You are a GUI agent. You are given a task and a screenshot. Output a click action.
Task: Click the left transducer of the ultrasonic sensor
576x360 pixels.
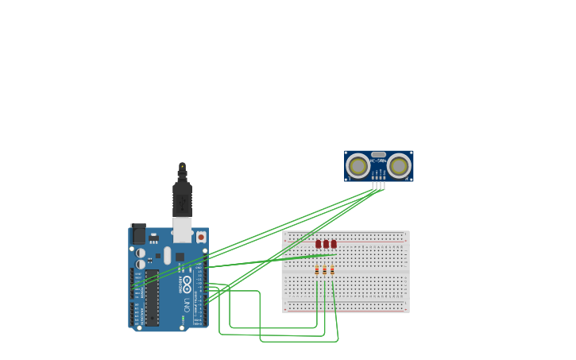[358, 166]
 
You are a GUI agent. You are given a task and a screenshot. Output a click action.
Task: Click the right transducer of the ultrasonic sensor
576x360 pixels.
[399, 166]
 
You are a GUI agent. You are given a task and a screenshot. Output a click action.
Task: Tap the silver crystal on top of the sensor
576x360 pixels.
[378, 155]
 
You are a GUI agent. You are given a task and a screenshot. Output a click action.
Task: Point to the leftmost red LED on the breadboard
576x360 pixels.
[319, 244]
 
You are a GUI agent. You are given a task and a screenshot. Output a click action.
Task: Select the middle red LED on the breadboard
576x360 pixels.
[326, 244]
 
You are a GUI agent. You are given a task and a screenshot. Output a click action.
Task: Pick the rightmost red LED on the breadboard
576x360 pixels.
[334, 244]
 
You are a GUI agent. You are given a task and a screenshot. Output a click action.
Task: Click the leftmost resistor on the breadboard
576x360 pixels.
[317, 271]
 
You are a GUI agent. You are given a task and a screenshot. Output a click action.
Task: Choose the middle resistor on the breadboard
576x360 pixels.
[324, 271]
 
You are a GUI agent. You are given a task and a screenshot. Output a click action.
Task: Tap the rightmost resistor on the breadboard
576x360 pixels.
[332, 271]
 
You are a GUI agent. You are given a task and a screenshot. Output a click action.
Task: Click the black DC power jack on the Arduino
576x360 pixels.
[138, 234]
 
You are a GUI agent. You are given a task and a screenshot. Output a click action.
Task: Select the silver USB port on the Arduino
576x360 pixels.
[183, 230]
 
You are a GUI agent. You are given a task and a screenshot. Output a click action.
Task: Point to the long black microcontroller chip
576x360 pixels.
[152, 298]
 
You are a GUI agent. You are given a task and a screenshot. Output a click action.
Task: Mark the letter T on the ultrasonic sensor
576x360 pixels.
[349, 180]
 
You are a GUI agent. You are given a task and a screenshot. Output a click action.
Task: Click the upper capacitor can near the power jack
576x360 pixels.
[141, 253]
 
